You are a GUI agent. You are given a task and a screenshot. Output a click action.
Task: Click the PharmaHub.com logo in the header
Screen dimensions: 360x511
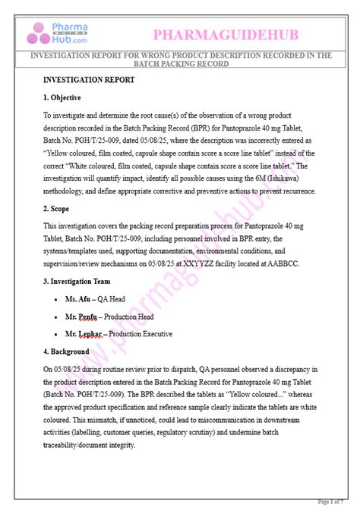coord(58,33)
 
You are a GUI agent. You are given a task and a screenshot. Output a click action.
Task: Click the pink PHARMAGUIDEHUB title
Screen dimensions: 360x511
coord(226,34)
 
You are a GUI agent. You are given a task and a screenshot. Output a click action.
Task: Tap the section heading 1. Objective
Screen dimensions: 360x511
coord(62,98)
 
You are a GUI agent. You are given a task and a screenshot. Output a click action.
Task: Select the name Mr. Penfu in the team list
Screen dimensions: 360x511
coord(81,317)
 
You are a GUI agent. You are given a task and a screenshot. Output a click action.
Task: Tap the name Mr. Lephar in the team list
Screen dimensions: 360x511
coord(83,334)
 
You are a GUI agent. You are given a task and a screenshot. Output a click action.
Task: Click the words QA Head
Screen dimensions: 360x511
coord(112,299)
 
